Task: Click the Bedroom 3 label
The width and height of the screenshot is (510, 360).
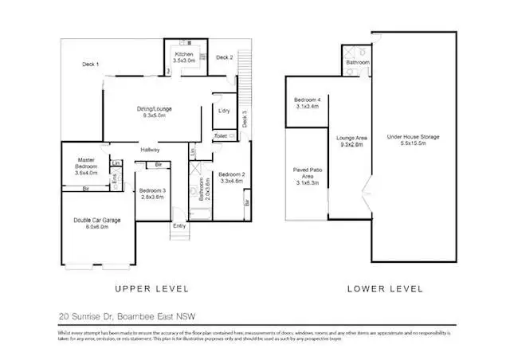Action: click(151, 192)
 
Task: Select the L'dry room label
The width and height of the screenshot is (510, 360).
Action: click(224, 111)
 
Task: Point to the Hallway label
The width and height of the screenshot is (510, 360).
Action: click(151, 150)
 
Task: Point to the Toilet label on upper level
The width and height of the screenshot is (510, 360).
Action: click(220, 136)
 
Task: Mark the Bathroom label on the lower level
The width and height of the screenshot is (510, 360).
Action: click(357, 62)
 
